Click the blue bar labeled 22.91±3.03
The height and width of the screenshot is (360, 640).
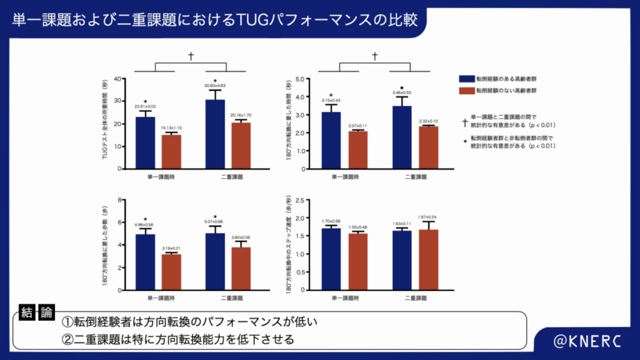146,143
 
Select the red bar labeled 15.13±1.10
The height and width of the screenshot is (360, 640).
171,152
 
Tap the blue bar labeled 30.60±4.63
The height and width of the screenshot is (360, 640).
215,134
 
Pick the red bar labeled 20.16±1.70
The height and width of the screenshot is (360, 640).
241,146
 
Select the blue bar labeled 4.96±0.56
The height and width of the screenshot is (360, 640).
146,262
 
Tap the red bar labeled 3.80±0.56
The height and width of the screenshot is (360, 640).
241,269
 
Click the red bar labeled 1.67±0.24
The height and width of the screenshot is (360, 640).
427,260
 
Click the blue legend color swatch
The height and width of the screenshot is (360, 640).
466,79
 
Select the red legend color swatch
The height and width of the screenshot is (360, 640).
466,91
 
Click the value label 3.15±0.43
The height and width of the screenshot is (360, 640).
331,101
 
